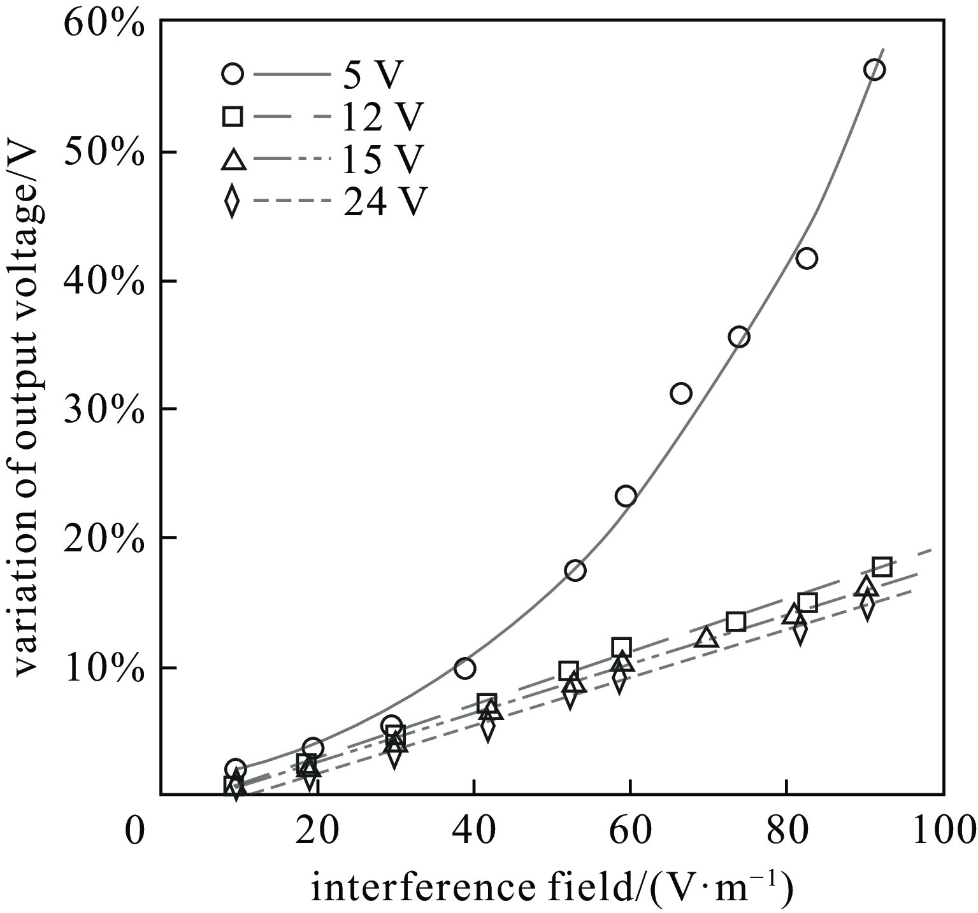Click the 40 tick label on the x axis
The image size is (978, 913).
(473, 832)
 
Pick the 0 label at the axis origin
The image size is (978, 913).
(134, 832)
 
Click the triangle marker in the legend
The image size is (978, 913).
(233, 159)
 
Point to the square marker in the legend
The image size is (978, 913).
(233, 117)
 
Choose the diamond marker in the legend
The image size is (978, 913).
(233, 202)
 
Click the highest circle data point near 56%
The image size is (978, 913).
(874, 69)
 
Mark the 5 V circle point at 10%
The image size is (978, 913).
(464, 668)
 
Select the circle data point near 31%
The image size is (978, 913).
(681, 393)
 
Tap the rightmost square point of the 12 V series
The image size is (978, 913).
(882, 566)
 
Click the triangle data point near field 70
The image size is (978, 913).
(707, 637)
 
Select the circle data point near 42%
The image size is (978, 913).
(807, 258)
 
